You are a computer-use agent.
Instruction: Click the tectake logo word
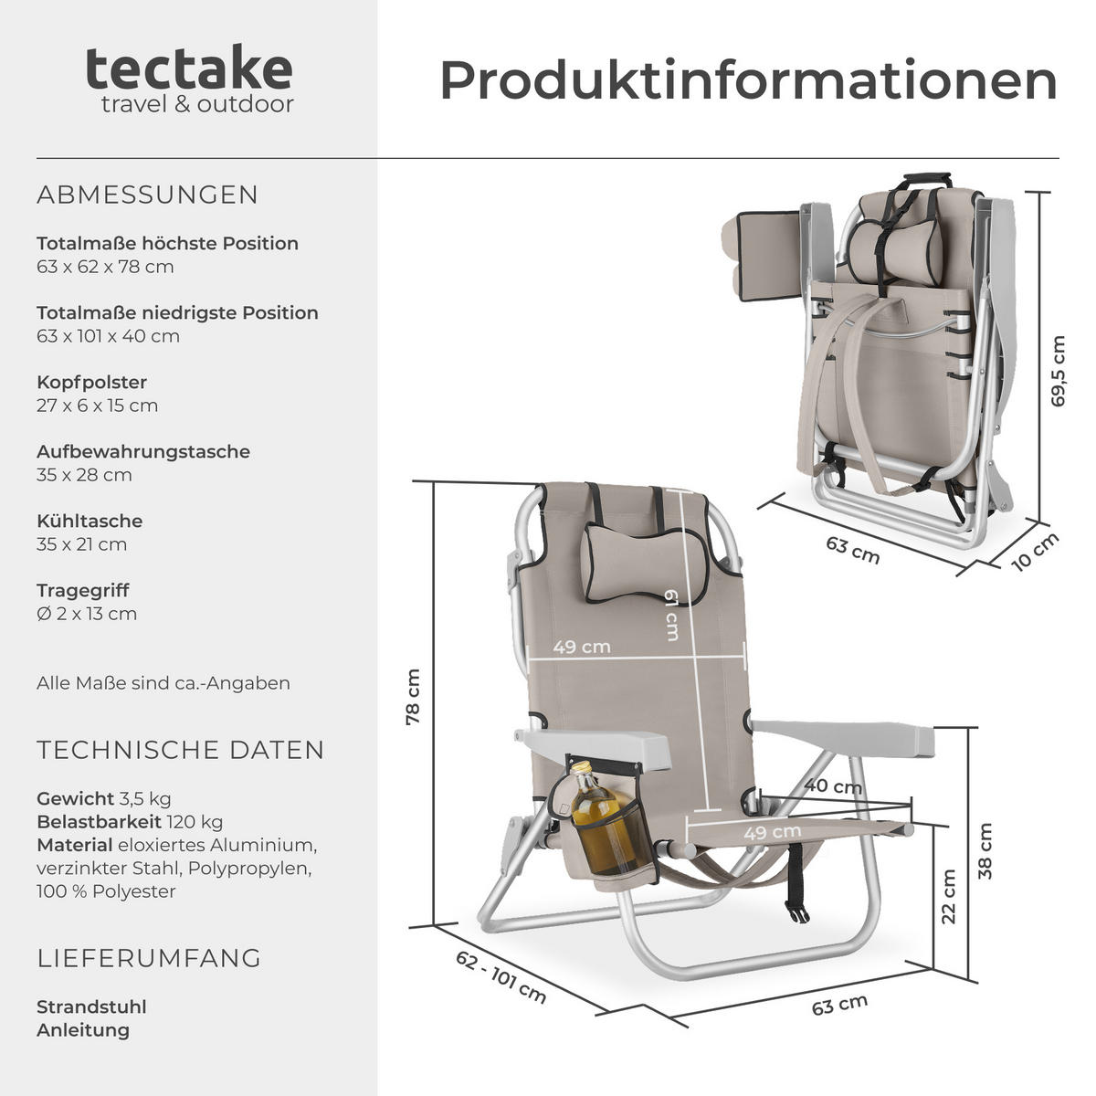[x=189, y=68]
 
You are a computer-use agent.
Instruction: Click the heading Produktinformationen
[x=747, y=80]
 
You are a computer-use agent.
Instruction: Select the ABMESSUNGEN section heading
[x=148, y=195]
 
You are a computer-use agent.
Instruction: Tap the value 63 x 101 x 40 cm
[x=108, y=336]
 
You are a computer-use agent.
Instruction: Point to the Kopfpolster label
[x=91, y=382]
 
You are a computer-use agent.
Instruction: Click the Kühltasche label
[x=90, y=521]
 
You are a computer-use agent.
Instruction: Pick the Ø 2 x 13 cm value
[x=87, y=614]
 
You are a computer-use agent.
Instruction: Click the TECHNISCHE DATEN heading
[x=181, y=750]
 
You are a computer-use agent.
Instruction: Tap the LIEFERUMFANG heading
[x=149, y=958]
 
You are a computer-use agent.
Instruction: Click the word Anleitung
[x=83, y=1030]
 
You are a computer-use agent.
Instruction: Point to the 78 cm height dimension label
[x=414, y=698]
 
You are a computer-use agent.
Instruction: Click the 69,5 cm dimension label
[x=1058, y=371]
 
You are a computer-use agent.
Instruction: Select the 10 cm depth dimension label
[x=1035, y=552]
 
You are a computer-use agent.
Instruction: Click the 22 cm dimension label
[x=949, y=896]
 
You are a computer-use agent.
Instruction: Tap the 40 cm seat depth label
[x=833, y=786]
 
